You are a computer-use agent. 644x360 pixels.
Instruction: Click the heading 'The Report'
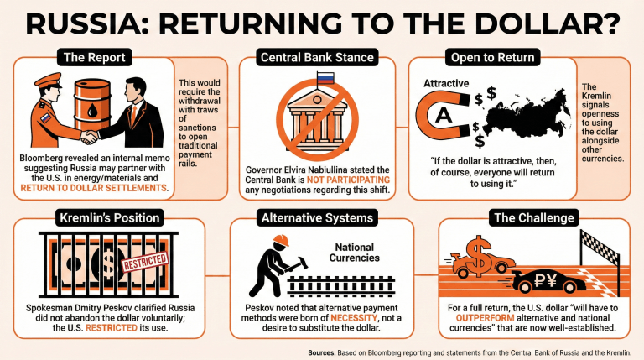click(x=94, y=57)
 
